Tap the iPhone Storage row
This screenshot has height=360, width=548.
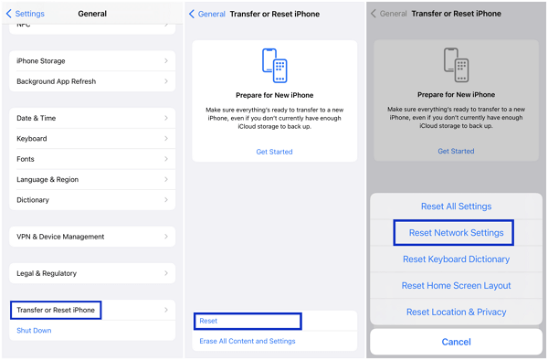pyautogui.click(x=91, y=61)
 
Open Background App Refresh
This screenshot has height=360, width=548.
pyautogui.click(x=91, y=81)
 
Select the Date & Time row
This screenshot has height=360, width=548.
pyautogui.click(x=91, y=118)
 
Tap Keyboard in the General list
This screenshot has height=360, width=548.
pyautogui.click(x=91, y=139)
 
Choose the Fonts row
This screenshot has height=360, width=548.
pyautogui.click(x=91, y=159)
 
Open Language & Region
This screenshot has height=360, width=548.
pyautogui.click(x=91, y=179)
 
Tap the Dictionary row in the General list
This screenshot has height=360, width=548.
pyautogui.click(x=91, y=199)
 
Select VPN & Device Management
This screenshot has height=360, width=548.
pyautogui.click(x=91, y=237)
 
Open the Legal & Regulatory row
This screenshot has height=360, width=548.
pyautogui.click(x=91, y=273)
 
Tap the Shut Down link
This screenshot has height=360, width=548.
pyautogui.click(x=34, y=331)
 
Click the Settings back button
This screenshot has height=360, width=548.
pyautogui.click(x=26, y=14)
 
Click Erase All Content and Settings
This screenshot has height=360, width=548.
pyautogui.click(x=248, y=341)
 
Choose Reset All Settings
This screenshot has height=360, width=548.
pyautogui.click(x=456, y=206)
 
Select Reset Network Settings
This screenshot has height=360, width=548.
pyautogui.click(x=456, y=233)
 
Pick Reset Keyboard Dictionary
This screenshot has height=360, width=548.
pyautogui.click(x=456, y=259)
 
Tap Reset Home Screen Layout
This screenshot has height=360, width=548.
pyautogui.click(x=456, y=286)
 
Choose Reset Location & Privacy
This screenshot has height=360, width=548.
pyautogui.click(x=456, y=312)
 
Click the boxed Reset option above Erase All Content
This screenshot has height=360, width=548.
pyautogui.click(x=248, y=321)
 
